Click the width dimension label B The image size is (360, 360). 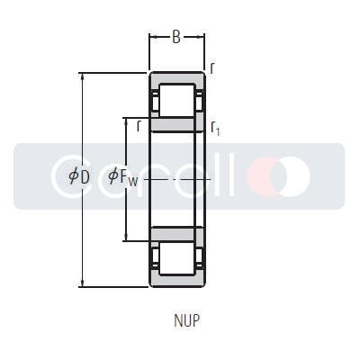pyautogui.click(x=176, y=38)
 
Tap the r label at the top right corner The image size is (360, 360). pyautogui.click(x=212, y=68)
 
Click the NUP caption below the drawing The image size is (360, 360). pyautogui.click(x=186, y=319)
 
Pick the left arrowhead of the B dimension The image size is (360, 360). pyautogui.click(x=152, y=38)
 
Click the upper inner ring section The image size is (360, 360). pyautogui.click(x=177, y=124)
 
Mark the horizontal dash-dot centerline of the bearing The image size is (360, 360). pyautogui.click(x=180, y=179)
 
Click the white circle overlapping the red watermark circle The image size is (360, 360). pyautogui.click(x=292, y=175)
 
